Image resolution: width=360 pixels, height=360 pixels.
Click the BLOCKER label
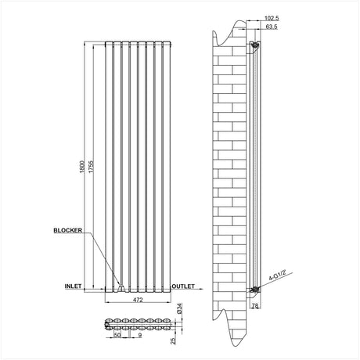point(68,231)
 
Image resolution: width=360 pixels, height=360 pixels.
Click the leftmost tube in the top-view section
point(109,322)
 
